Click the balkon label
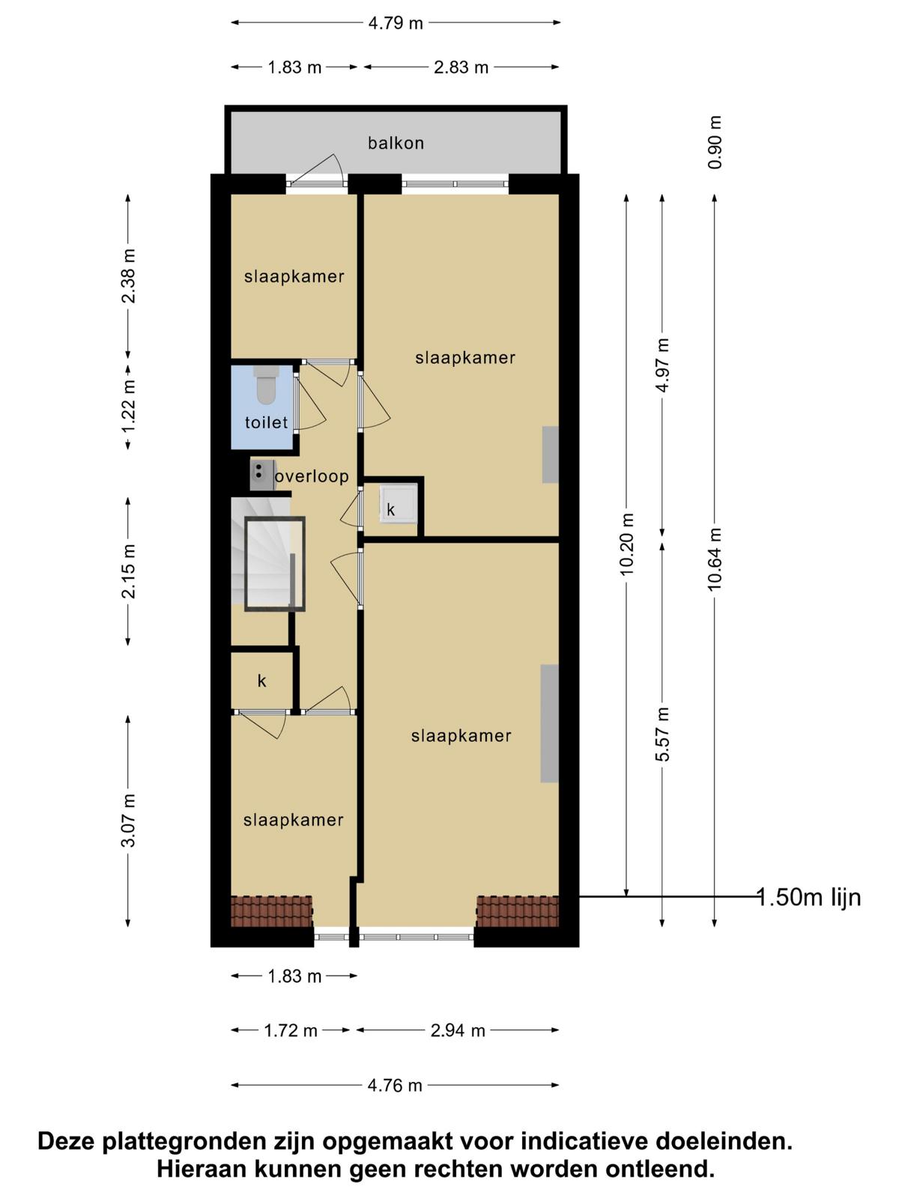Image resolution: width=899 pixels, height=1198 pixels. click(x=396, y=143)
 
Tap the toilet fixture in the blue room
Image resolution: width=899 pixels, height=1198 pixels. click(x=267, y=385)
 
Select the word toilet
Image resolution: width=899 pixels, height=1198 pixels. click(x=266, y=422)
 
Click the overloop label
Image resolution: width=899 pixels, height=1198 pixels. click(x=312, y=476)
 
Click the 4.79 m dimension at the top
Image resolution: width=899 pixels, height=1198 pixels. click(x=396, y=23)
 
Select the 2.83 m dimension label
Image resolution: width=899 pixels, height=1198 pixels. click(x=461, y=67)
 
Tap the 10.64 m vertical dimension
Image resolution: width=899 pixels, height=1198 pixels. click(x=715, y=559)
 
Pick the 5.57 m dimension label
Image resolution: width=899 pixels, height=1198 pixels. click(x=662, y=734)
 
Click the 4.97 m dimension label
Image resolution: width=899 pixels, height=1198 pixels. click(x=662, y=365)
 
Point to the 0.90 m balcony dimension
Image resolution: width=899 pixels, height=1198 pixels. click(x=715, y=142)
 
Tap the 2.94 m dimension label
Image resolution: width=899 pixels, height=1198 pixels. click(x=458, y=1030)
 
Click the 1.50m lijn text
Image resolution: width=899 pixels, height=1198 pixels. click(x=810, y=898)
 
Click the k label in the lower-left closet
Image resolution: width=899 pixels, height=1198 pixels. click(x=262, y=681)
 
